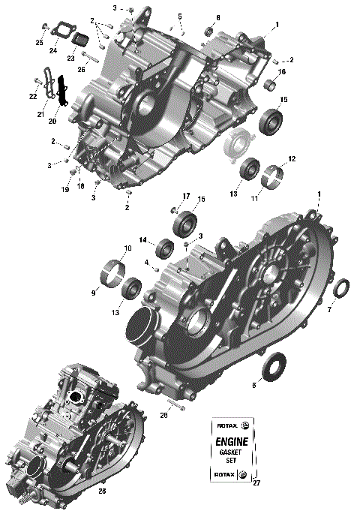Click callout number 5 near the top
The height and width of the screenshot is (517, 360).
click(180, 16)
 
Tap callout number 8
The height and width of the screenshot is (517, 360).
click(218, 17)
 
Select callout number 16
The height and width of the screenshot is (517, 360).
click(283, 72)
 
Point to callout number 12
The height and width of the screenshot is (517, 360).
click(292, 159)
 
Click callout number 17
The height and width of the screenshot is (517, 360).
click(184, 197)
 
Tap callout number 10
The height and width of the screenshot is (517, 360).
click(127, 248)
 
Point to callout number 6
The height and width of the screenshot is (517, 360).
click(253, 385)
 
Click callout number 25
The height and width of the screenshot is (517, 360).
click(39, 43)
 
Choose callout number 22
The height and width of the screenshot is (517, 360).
click(32, 97)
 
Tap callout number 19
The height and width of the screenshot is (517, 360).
click(66, 190)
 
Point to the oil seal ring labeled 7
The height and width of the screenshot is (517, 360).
click(340, 289)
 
